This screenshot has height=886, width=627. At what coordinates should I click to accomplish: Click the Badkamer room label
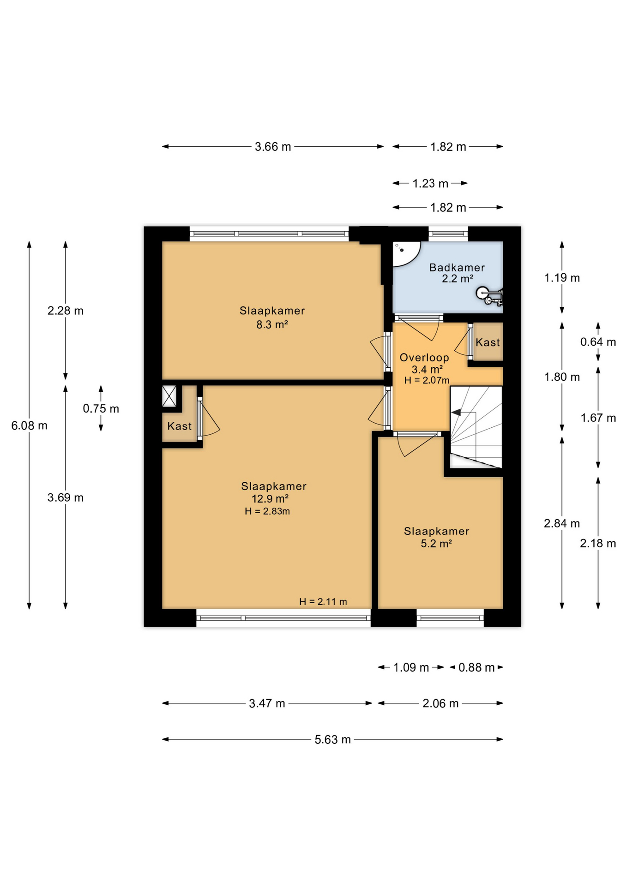point(457,267)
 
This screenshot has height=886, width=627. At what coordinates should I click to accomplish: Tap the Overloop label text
point(424,357)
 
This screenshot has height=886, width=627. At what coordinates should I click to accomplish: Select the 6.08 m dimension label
point(29,425)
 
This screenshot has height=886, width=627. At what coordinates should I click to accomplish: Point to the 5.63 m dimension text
point(332,739)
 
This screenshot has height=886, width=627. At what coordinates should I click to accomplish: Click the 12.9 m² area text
point(270,498)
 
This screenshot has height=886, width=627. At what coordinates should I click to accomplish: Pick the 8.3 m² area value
point(272,324)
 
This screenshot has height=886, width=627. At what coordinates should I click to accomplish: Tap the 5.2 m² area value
point(436,543)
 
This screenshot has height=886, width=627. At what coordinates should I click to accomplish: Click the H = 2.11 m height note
point(323,601)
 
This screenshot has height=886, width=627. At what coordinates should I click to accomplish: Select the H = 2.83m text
point(267,511)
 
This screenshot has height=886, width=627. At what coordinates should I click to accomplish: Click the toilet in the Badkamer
point(489,295)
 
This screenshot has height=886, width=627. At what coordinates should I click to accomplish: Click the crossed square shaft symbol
point(169,396)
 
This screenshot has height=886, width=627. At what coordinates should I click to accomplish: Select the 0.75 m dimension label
point(101,408)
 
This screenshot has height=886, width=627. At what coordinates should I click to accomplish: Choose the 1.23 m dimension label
point(430,183)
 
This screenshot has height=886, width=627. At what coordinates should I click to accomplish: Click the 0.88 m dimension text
point(476,667)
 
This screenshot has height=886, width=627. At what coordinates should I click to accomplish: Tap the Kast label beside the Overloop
point(488,342)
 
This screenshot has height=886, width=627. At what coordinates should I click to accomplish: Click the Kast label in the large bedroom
point(179,426)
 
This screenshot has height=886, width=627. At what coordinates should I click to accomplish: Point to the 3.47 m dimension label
point(267,703)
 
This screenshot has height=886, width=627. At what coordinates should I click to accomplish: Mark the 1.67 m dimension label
point(598,418)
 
